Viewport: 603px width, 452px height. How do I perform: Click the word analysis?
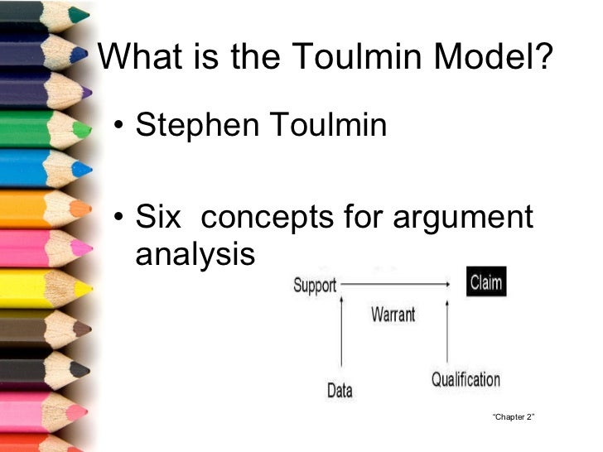(195, 254)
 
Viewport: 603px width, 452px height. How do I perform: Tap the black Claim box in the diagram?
(485, 283)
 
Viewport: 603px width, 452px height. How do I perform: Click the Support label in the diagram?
(315, 286)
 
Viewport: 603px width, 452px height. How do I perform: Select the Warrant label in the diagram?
(393, 315)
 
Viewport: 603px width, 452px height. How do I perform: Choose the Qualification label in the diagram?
(466, 380)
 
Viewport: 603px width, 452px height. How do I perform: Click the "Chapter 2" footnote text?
(513, 416)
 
